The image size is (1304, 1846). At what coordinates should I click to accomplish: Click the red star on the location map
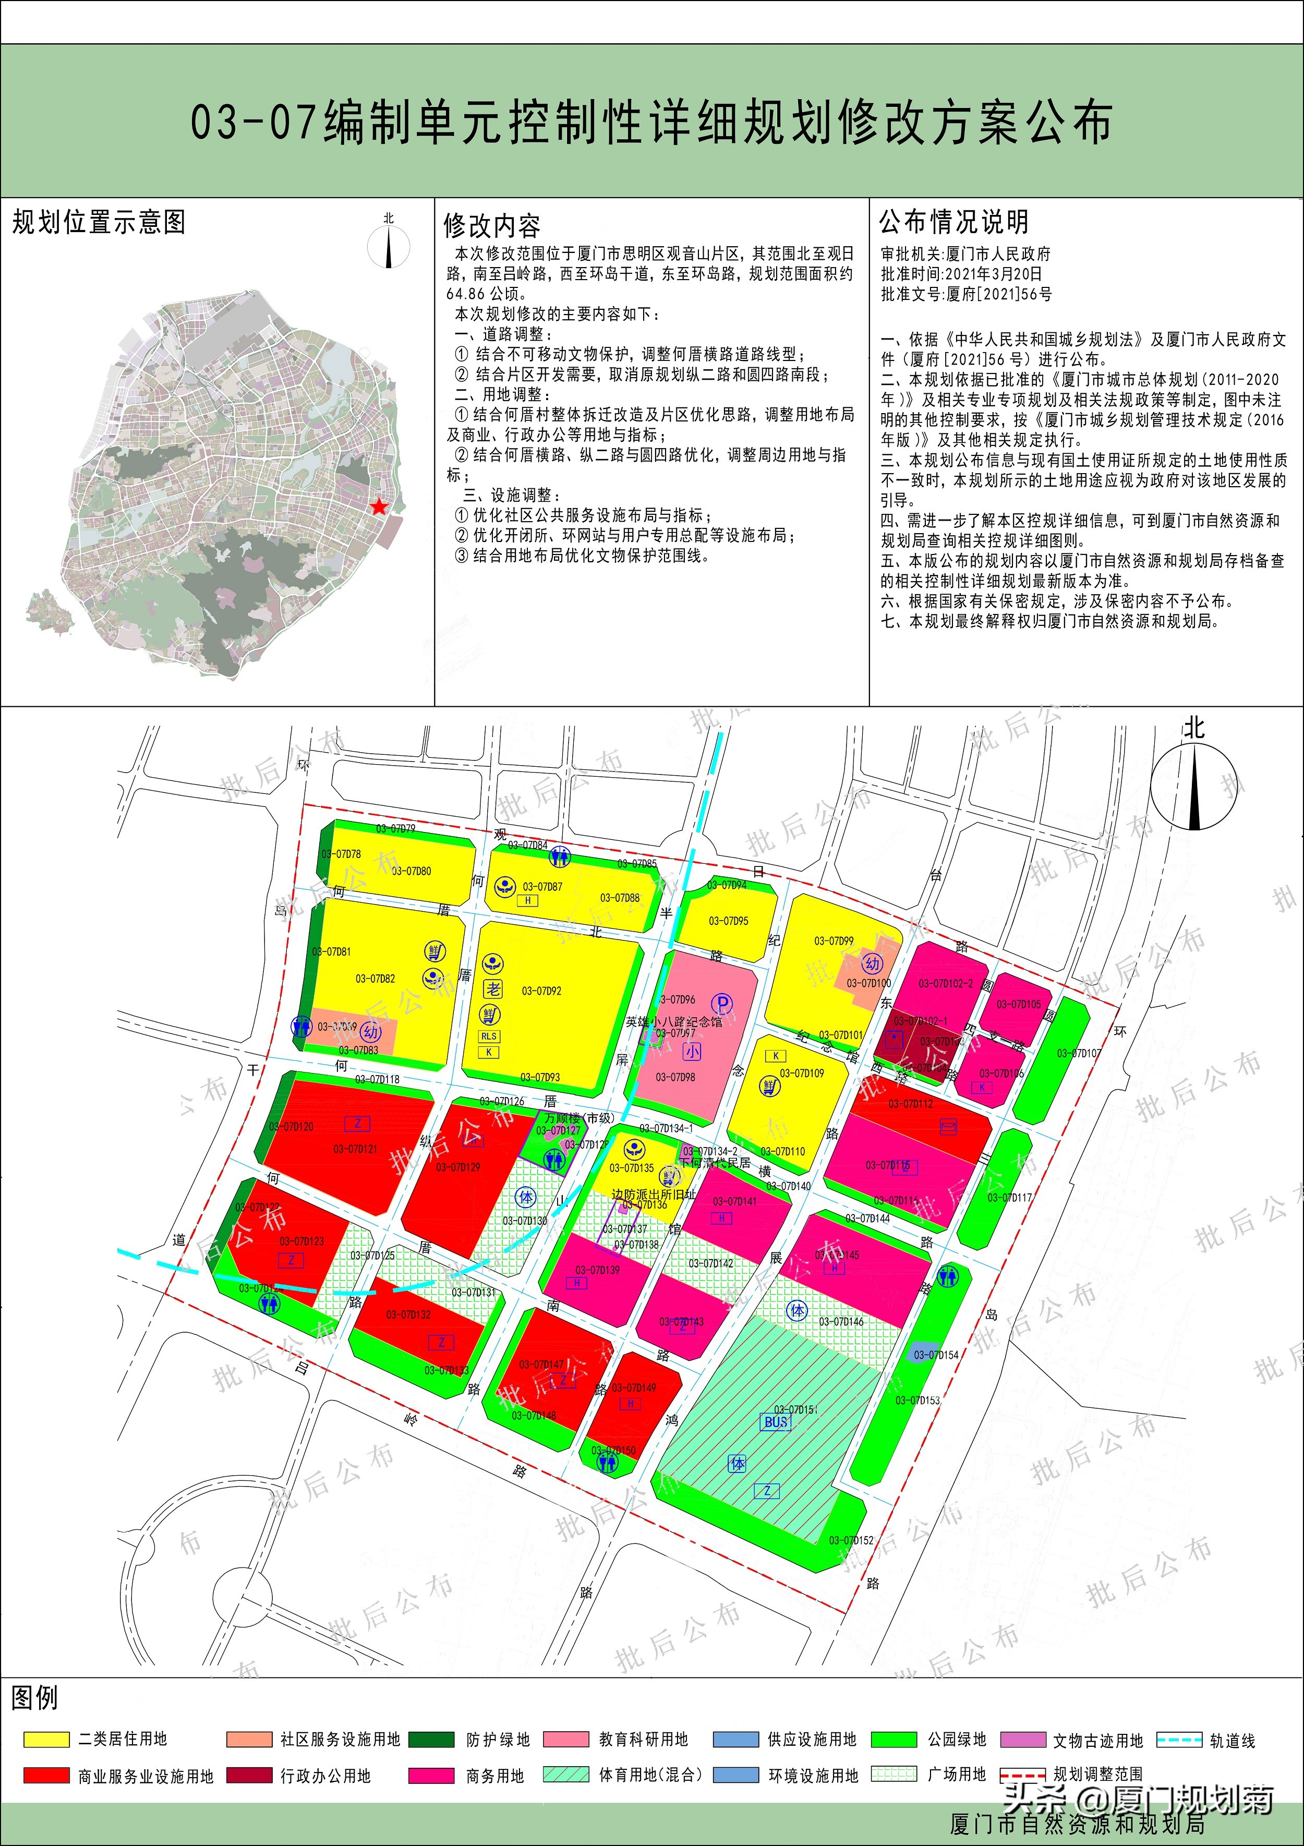(379, 506)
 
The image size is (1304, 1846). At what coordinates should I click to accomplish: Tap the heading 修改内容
(491, 226)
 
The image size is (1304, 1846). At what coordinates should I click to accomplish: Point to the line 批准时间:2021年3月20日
(961, 273)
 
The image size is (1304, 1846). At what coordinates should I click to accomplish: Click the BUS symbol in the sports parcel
(776, 1421)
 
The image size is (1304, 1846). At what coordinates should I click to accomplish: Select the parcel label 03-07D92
(542, 991)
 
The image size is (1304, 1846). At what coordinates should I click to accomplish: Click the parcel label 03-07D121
(355, 1149)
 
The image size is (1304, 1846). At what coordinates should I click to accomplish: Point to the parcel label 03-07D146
(841, 1321)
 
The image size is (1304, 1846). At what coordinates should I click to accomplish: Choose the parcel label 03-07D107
(1079, 1053)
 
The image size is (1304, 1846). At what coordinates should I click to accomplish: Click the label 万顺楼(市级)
(579, 1118)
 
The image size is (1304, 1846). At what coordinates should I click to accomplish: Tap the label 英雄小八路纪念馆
(674, 1022)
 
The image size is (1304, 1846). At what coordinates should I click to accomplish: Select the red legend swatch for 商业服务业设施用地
(46, 1775)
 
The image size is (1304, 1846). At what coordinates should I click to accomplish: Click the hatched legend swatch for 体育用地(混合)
(566, 1775)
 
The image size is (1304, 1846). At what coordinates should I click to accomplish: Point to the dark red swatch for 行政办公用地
(249, 1775)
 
